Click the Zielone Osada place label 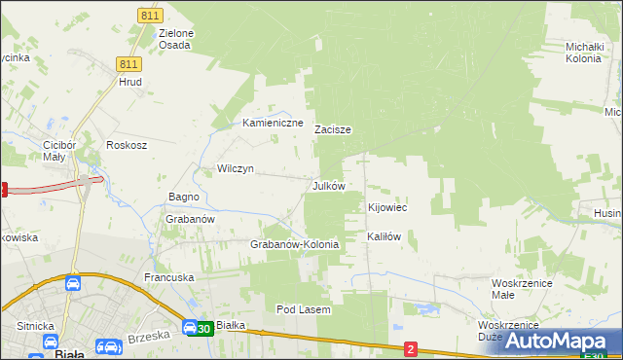click(176, 39)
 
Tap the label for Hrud click(130, 82)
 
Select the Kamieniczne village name click(273, 124)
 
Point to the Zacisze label click(332, 128)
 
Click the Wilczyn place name click(235, 168)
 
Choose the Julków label click(328, 185)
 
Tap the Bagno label click(183, 197)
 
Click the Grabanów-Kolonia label click(295, 244)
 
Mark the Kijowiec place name click(386, 207)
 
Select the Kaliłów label click(384, 236)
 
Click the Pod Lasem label click(304, 309)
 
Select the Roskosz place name click(127, 145)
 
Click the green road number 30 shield click(201, 329)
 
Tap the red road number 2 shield click(411, 348)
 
